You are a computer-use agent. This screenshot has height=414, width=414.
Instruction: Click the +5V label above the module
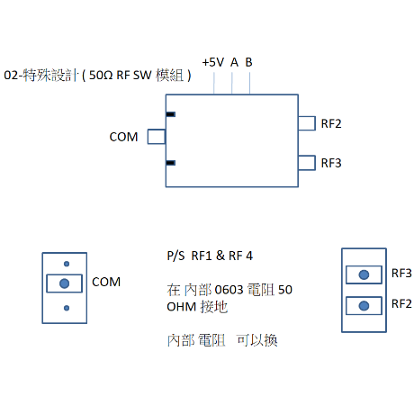[213, 62]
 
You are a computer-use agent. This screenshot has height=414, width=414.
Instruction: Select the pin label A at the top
[234, 62]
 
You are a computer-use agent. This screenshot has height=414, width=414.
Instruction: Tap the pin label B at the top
[249, 62]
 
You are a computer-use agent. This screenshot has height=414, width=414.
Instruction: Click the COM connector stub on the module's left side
[157, 137]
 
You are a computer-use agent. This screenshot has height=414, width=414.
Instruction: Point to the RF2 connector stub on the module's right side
[307, 123]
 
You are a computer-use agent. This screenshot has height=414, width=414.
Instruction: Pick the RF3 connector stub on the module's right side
[307, 163]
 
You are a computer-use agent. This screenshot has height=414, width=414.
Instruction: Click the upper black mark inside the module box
[171, 114]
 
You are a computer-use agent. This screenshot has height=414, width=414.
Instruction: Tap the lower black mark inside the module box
[171, 163]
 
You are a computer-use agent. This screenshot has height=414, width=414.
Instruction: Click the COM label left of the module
[123, 137]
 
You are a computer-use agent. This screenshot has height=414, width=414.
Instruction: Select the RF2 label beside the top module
[331, 123]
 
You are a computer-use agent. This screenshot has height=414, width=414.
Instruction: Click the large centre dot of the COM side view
[65, 283]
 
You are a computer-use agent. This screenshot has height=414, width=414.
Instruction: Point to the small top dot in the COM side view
[67, 264]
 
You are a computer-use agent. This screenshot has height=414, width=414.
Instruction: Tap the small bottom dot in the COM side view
[67, 308]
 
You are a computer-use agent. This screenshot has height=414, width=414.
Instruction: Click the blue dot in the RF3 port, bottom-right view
[364, 274]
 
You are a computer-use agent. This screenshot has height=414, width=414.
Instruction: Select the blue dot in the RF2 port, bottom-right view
[364, 306]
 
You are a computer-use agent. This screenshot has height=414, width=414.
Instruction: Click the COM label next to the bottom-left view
[106, 282]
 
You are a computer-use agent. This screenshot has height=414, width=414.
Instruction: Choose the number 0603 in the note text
[229, 290]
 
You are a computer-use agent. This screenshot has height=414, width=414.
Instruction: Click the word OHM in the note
[181, 307]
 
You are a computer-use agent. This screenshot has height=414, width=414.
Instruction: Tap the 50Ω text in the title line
[101, 75]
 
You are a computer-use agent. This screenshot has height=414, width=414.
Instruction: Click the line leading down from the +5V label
[214, 83]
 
